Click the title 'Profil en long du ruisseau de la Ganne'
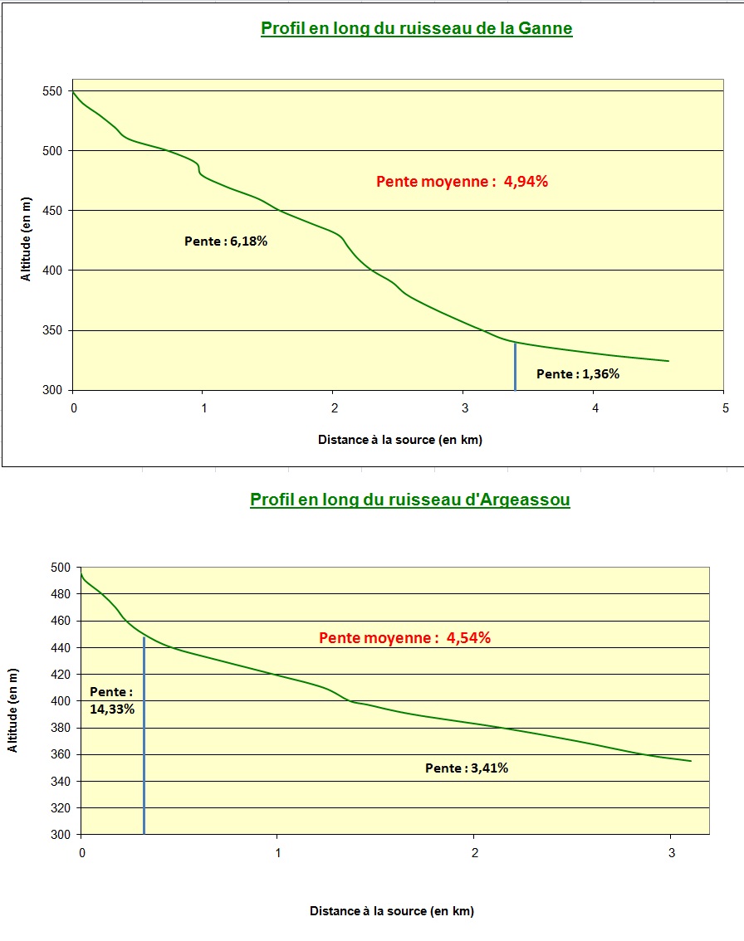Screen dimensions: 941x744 click(416, 29)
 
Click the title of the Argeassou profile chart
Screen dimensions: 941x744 click(409, 500)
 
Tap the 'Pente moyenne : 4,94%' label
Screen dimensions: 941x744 click(462, 183)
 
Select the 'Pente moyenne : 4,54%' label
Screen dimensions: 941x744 click(405, 638)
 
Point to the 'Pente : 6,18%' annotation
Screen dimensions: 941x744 click(226, 241)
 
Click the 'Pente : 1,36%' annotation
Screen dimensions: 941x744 click(578, 374)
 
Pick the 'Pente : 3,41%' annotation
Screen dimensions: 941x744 click(467, 768)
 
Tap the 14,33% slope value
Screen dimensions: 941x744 click(112, 709)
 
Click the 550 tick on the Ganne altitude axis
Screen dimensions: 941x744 click(55, 91)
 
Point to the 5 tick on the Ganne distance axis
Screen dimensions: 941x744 click(725, 408)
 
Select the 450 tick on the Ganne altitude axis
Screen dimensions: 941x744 click(55, 211)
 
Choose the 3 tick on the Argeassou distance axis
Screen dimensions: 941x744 click(670, 852)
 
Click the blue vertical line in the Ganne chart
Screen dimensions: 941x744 click(515, 365)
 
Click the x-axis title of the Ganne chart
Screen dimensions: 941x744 click(399, 440)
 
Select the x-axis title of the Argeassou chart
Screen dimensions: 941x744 click(392, 911)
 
